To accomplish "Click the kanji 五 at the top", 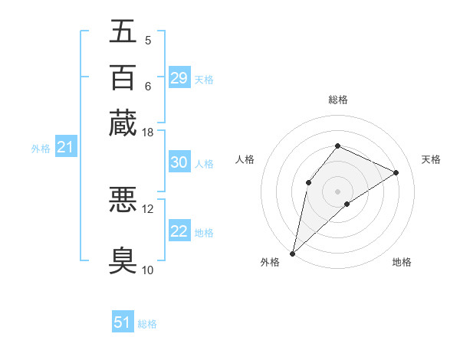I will (x=123, y=32).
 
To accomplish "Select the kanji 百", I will (x=123, y=77).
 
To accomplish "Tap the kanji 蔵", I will (x=123, y=123).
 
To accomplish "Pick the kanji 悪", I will (x=123, y=201).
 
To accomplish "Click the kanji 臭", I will (x=123, y=260).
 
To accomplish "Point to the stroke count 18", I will (x=148, y=133).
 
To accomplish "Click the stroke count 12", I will (x=148, y=208).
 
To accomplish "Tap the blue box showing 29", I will (x=179, y=78).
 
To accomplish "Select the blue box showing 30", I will (x=179, y=162).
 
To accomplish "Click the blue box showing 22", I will (x=179, y=231).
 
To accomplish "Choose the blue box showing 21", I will (x=65, y=147).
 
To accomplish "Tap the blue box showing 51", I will (x=122, y=322).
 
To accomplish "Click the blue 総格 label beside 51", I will (x=147, y=324).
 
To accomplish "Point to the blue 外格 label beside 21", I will (x=41, y=149).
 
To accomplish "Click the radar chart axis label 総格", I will (x=338, y=100).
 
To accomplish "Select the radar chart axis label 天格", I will (x=431, y=159).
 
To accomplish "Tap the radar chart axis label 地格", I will (x=402, y=262).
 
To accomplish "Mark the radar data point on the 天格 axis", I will (x=396, y=172).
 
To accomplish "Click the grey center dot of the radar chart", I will (x=338, y=191).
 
